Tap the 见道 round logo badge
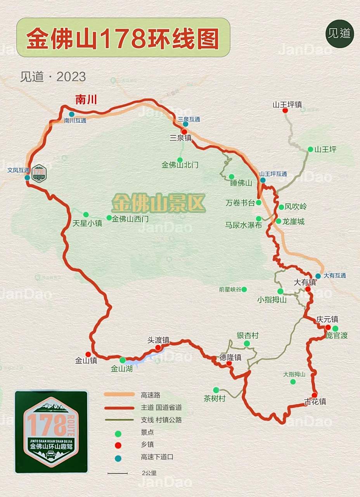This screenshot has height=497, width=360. coord(339,33)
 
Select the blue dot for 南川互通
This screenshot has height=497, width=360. coord(71,114)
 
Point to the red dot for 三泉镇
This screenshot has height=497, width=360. coord(184,132)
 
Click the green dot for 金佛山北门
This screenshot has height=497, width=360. coord(180,160)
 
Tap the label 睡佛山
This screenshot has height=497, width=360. coord(241,183)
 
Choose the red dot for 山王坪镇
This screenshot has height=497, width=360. coord(285,111)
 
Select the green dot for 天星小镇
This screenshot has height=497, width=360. coord(86,214)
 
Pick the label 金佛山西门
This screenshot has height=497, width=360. coord(130,219)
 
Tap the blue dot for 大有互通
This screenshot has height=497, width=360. coord(318,276)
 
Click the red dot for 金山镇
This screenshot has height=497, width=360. coord(88,354)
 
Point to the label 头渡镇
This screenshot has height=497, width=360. coord(158,340)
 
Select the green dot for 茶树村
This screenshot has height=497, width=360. coord(216,390)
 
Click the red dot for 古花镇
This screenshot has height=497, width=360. coord(315,395)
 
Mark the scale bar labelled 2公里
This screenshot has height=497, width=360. coord(118,473)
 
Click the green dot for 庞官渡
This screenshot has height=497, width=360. coord(336,328)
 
